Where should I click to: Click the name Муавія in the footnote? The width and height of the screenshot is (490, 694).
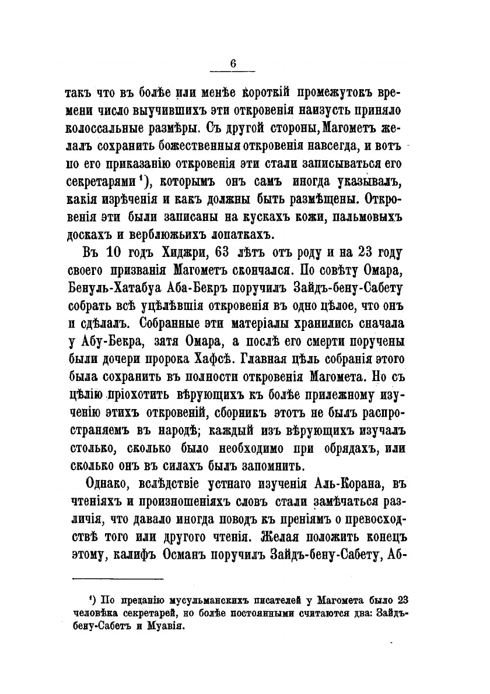pos(163,628)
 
